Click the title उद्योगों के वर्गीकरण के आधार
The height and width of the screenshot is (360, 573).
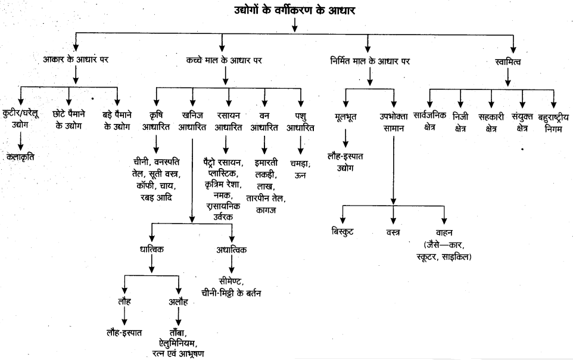[295, 10]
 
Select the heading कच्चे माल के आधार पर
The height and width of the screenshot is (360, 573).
[223, 60]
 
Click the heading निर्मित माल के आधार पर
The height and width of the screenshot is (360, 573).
[370, 60]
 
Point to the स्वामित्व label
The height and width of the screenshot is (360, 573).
[508, 60]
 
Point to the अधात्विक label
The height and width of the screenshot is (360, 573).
[231, 250]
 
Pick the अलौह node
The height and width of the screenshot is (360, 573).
[179, 302]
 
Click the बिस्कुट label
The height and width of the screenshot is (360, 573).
[342, 231]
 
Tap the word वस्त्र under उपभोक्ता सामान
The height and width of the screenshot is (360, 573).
[393, 231]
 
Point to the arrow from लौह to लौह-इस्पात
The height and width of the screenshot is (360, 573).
[124, 317]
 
